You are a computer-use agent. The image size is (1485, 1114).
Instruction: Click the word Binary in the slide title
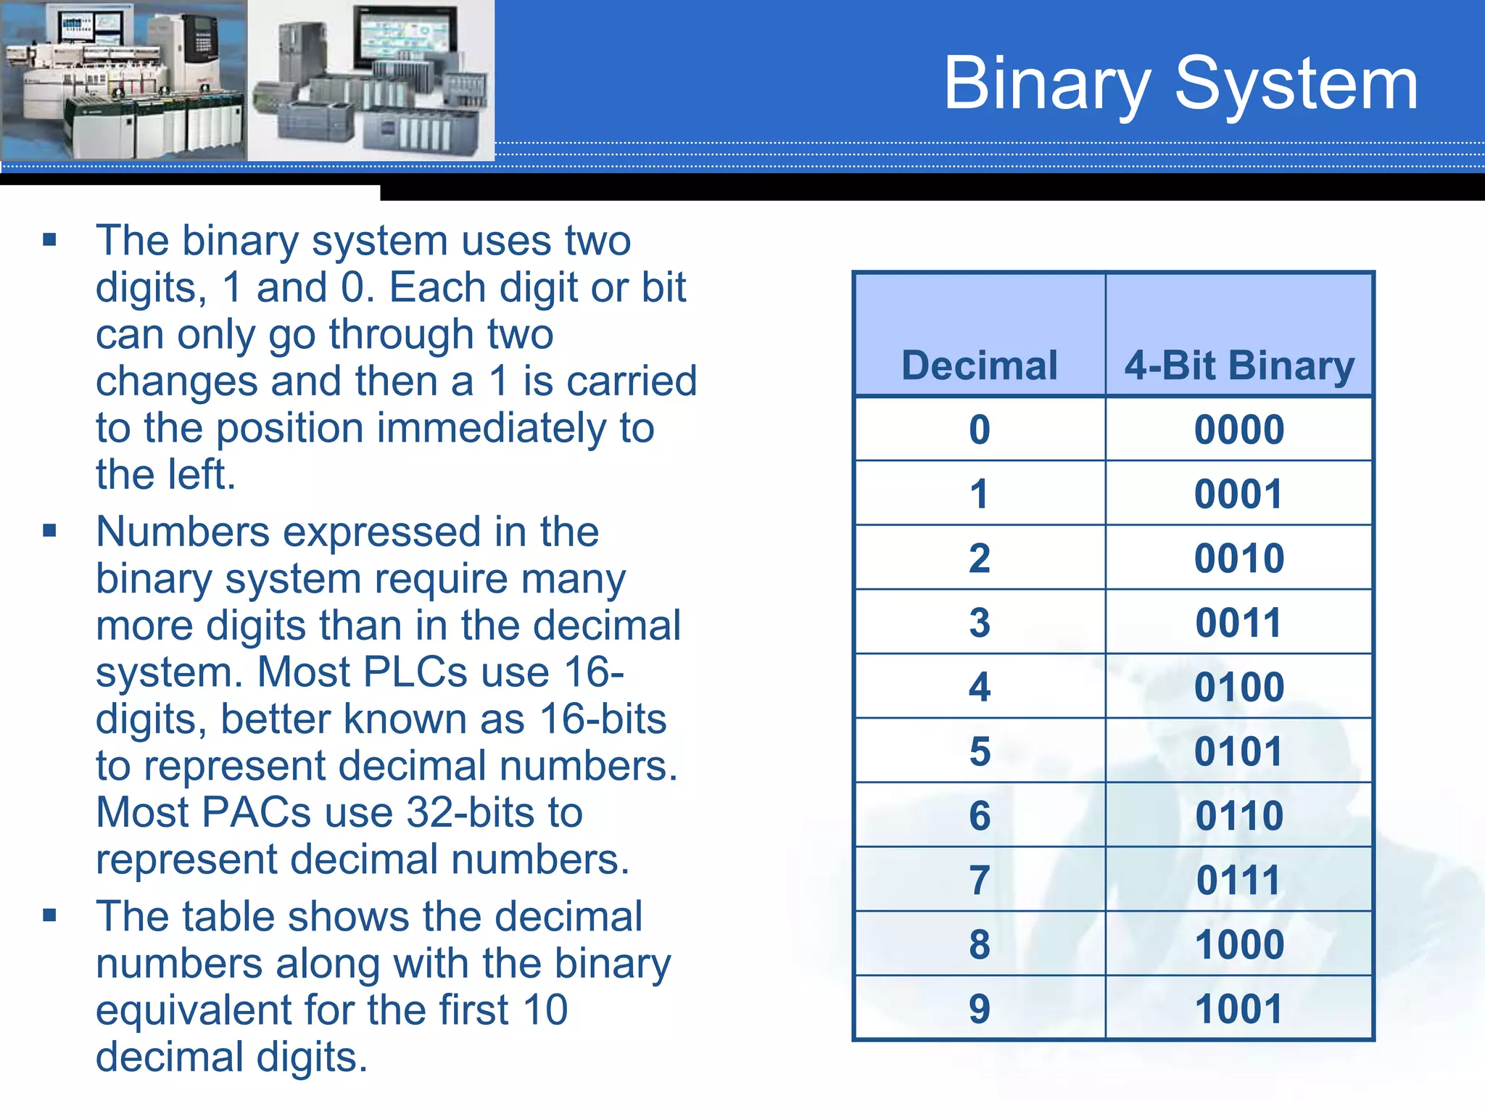1046,86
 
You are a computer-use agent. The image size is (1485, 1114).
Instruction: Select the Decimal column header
979,365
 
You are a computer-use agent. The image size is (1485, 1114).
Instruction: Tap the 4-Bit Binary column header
1238,365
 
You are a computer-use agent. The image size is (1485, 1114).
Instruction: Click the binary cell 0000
1238,429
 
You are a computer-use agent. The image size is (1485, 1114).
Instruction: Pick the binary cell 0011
1238,622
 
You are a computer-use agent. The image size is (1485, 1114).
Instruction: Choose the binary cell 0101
1238,751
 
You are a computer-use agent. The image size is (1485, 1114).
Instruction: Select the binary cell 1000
1238,944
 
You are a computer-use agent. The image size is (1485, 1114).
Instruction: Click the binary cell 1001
1238,1009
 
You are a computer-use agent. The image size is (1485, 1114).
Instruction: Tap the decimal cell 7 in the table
979,880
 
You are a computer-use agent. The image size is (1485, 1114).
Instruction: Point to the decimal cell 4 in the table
979,687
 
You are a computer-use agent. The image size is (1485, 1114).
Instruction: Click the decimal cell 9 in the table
979,1009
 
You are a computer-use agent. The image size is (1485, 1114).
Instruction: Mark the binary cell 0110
1238,816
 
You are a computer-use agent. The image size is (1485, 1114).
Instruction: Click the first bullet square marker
49,240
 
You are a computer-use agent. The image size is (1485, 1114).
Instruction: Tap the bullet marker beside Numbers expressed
49,531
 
